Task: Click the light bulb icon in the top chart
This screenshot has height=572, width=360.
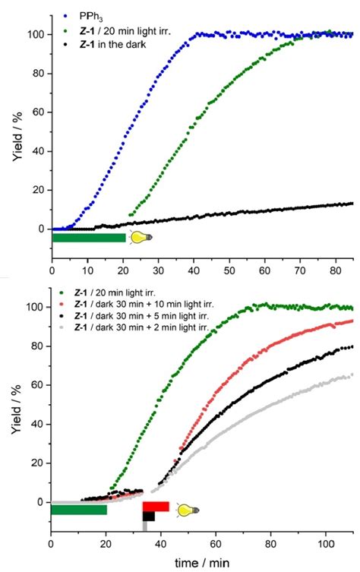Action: click(140, 238)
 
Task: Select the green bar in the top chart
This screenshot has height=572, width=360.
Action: click(88, 238)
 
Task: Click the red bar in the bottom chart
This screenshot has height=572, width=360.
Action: click(156, 507)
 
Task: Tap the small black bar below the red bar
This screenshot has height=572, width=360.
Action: click(149, 517)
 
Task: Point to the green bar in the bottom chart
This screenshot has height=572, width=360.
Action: click(78, 510)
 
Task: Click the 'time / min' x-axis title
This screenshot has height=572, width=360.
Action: click(201, 563)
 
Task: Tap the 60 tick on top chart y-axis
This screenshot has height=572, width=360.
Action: click(36, 112)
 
